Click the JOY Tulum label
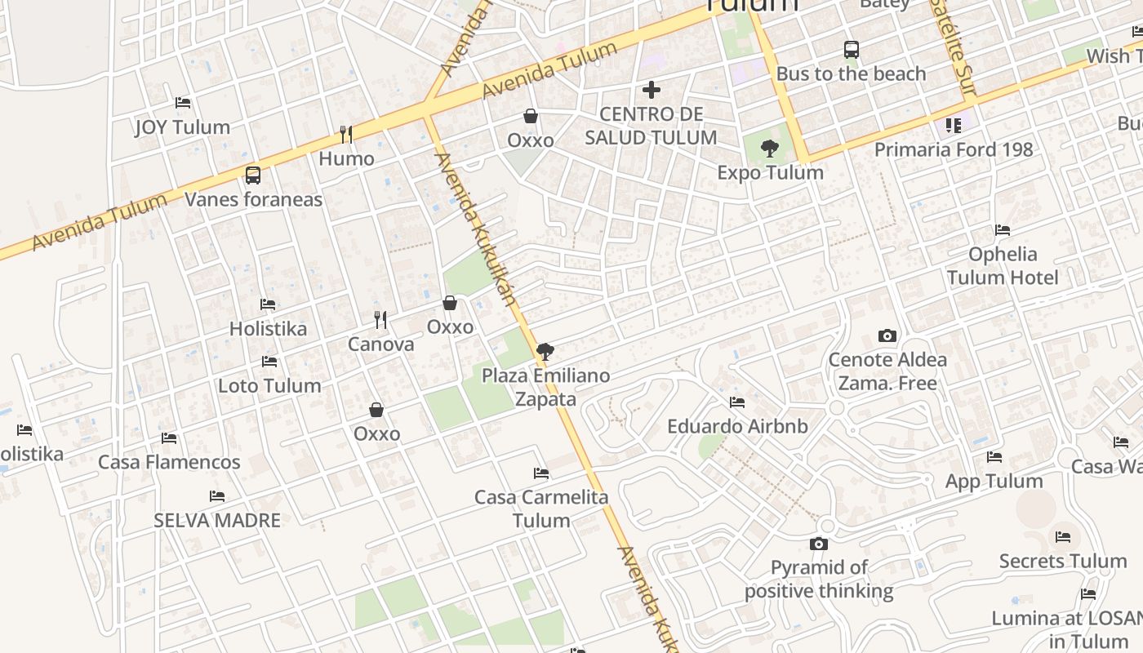[182, 127]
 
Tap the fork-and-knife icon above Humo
[346, 135]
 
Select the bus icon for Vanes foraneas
[253, 175]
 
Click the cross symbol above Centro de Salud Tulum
[652, 90]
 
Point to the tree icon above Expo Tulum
[769, 149]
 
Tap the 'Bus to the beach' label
[851, 73]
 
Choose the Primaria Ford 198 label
[954, 150]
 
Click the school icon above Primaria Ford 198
[953, 126]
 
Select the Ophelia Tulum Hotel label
[1003, 266]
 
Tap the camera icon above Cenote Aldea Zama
[887, 335]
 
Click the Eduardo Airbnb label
[737, 426]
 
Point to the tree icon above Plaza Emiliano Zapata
[545, 352]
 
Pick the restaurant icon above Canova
[380, 319]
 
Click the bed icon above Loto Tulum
[269, 362]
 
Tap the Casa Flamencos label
[169, 462]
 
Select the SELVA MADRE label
[217, 520]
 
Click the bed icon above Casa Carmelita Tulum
[540, 473]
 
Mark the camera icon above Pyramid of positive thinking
[819, 544]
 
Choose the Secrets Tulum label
[1062, 562]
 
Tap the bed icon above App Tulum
[994, 457]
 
